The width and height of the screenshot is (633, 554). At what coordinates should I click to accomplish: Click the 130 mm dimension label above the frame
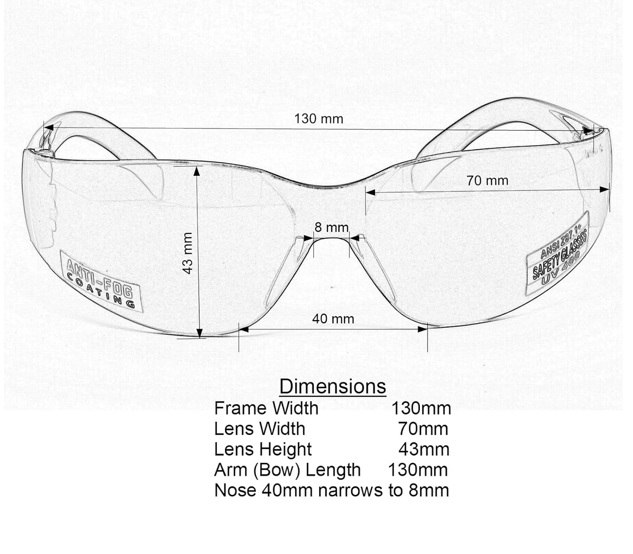click(x=319, y=119)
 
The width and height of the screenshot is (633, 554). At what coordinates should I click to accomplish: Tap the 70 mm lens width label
click(x=487, y=181)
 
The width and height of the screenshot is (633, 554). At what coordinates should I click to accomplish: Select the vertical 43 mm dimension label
click(x=188, y=253)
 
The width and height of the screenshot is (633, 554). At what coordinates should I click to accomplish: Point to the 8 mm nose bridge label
click(x=332, y=227)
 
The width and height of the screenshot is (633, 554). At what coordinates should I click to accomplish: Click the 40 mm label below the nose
click(x=333, y=319)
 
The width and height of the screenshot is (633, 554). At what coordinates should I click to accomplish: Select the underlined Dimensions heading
click(x=333, y=386)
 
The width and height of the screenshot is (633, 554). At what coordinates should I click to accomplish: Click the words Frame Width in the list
click(x=266, y=408)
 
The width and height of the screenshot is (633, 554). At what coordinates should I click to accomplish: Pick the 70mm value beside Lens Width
click(x=423, y=429)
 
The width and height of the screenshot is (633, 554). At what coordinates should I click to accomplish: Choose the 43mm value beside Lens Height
click(x=424, y=449)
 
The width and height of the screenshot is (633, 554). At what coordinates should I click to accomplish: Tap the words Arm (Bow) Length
click(x=287, y=470)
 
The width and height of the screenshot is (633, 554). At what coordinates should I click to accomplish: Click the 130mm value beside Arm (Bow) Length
click(x=417, y=470)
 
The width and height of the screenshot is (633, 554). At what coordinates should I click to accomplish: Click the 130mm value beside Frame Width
click(x=421, y=408)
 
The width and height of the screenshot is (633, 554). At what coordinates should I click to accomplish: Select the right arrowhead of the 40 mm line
click(x=422, y=329)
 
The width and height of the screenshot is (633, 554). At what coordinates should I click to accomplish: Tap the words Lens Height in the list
click(x=263, y=449)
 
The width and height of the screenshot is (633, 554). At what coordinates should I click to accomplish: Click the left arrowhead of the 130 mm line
click(x=49, y=127)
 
